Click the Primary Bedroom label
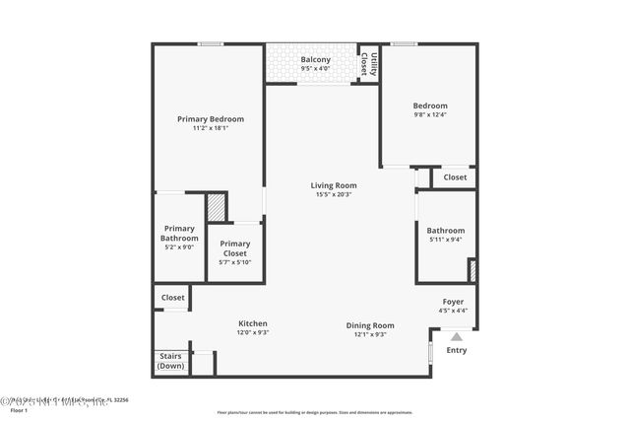[x=211, y=119]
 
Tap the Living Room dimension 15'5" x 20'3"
[x=334, y=195]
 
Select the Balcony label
[x=315, y=60]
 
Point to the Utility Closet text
[x=367, y=64]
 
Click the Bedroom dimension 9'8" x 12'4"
[x=429, y=115]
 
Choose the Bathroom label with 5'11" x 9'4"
[x=445, y=231]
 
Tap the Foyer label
[x=453, y=303]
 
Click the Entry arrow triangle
[x=456, y=337]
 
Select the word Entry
[x=457, y=350]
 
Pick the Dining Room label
[x=370, y=324]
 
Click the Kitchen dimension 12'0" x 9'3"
[x=253, y=333]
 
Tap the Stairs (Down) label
[x=170, y=361]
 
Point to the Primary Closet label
[x=234, y=248]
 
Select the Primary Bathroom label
[x=179, y=233]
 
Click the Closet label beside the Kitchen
[x=172, y=297]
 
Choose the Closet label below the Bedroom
[x=455, y=177]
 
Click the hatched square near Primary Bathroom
[x=216, y=207]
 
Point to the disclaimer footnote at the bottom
[x=315, y=412]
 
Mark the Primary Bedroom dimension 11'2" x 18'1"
[x=211, y=128]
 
